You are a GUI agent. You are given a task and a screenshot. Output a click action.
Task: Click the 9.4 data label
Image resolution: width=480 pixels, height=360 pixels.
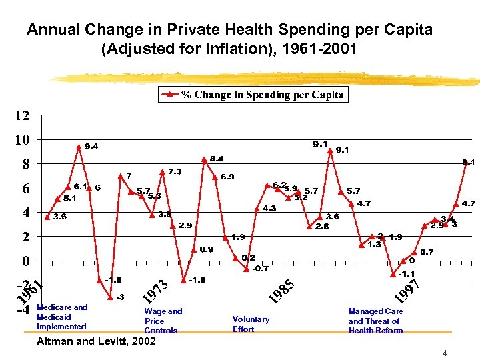[x=91, y=147]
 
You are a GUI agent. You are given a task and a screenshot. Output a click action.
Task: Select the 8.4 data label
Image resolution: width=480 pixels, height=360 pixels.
[x=217, y=159]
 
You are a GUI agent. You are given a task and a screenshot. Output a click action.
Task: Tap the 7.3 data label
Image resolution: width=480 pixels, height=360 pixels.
[x=175, y=171]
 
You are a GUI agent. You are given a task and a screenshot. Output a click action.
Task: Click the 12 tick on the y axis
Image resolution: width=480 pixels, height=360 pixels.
[x=22, y=116]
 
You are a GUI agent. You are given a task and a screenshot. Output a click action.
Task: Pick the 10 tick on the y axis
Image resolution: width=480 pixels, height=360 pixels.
[x=22, y=140]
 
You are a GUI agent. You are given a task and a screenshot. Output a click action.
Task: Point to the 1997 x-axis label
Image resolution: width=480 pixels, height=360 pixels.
[x=406, y=289]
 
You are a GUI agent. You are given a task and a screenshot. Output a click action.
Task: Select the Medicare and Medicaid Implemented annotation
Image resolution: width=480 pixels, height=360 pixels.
[x=62, y=317]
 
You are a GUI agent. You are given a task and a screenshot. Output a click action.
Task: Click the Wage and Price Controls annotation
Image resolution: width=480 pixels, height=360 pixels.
[x=163, y=321]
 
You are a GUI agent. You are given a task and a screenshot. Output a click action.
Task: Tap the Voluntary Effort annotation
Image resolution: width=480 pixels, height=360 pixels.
[x=251, y=324]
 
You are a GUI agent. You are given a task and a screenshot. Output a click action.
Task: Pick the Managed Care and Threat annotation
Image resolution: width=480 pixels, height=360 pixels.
[x=375, y=321]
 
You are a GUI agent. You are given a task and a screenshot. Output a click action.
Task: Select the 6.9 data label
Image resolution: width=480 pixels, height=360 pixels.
[x=227, y=177]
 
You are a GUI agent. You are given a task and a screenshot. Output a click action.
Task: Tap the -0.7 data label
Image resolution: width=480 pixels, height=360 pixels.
[x=261, y=269]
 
